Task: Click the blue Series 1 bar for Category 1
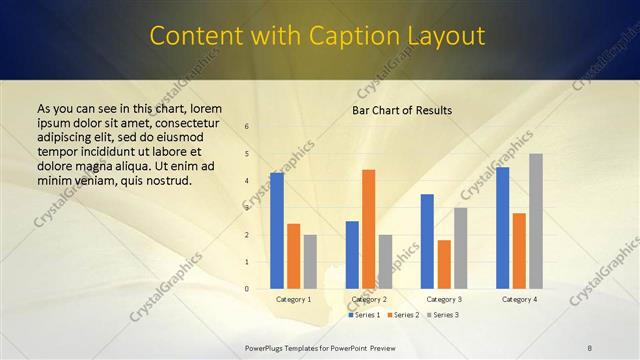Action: tap(277, 231)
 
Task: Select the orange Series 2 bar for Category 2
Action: tap(368, 229)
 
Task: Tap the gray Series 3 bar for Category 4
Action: tap(536, 221)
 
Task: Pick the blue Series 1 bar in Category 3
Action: tap(427, 241)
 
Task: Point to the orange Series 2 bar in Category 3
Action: tap(444, 264)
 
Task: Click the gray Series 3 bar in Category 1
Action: tap(310, 262)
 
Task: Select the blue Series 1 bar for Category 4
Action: tap(502, 228)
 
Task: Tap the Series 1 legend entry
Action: tap(364, 315)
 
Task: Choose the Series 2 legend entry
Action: tap(402, 315)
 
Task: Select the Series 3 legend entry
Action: tap(440, 315)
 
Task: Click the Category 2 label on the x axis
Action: tap(368, 299)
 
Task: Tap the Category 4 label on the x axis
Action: tap(519, 299)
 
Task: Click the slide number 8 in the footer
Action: tap(590, 347)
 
